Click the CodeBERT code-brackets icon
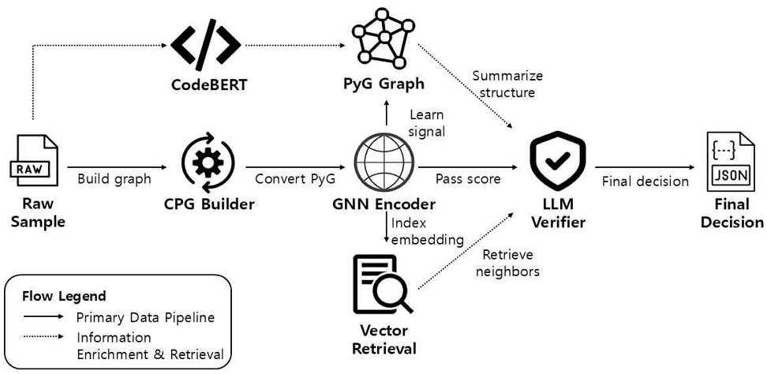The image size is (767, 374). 206,45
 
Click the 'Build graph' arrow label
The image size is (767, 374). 114,179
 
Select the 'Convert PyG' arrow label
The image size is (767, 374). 295,179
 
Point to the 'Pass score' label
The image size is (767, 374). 468,179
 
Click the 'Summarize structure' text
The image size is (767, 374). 507,84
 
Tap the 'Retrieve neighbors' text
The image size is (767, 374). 511,263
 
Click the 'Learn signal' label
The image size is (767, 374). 427,123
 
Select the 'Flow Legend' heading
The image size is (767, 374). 64,296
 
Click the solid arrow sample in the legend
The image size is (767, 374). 43,316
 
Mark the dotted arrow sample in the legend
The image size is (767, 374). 43,337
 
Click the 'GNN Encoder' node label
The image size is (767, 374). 384,204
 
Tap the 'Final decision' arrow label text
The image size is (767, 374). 645,181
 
